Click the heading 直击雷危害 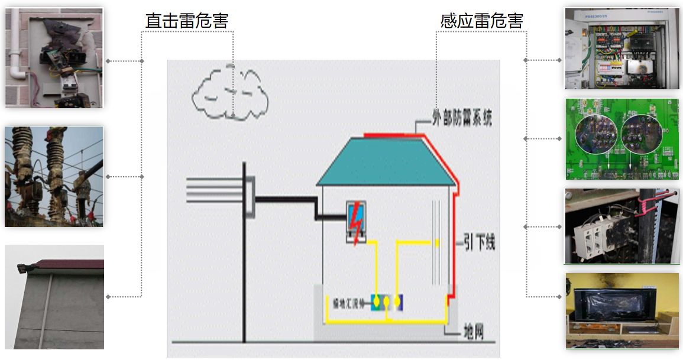pyautogui.click(x=186, y=21)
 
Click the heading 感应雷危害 pyautogui.click(x=481, y=21)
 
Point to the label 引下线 pyautogui.click(x=479, y=243)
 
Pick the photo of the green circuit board pyautogui.click(x=622, y=138)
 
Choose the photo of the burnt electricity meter pyautogui.click(x=54, y=57)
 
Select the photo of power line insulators pyautogui.click(x=54, y=176)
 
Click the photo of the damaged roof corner pyautogui.click(x=54, y=297)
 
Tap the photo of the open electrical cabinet pyautogui.click(x=622, y=48)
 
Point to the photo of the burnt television pyautogui.click(x=622, y=310)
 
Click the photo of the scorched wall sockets pyautogui.click(x=622, y=226)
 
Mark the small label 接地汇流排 pyautogui.click(x=349, y=303)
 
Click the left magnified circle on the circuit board pyautogui.click(x=596, y=132)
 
